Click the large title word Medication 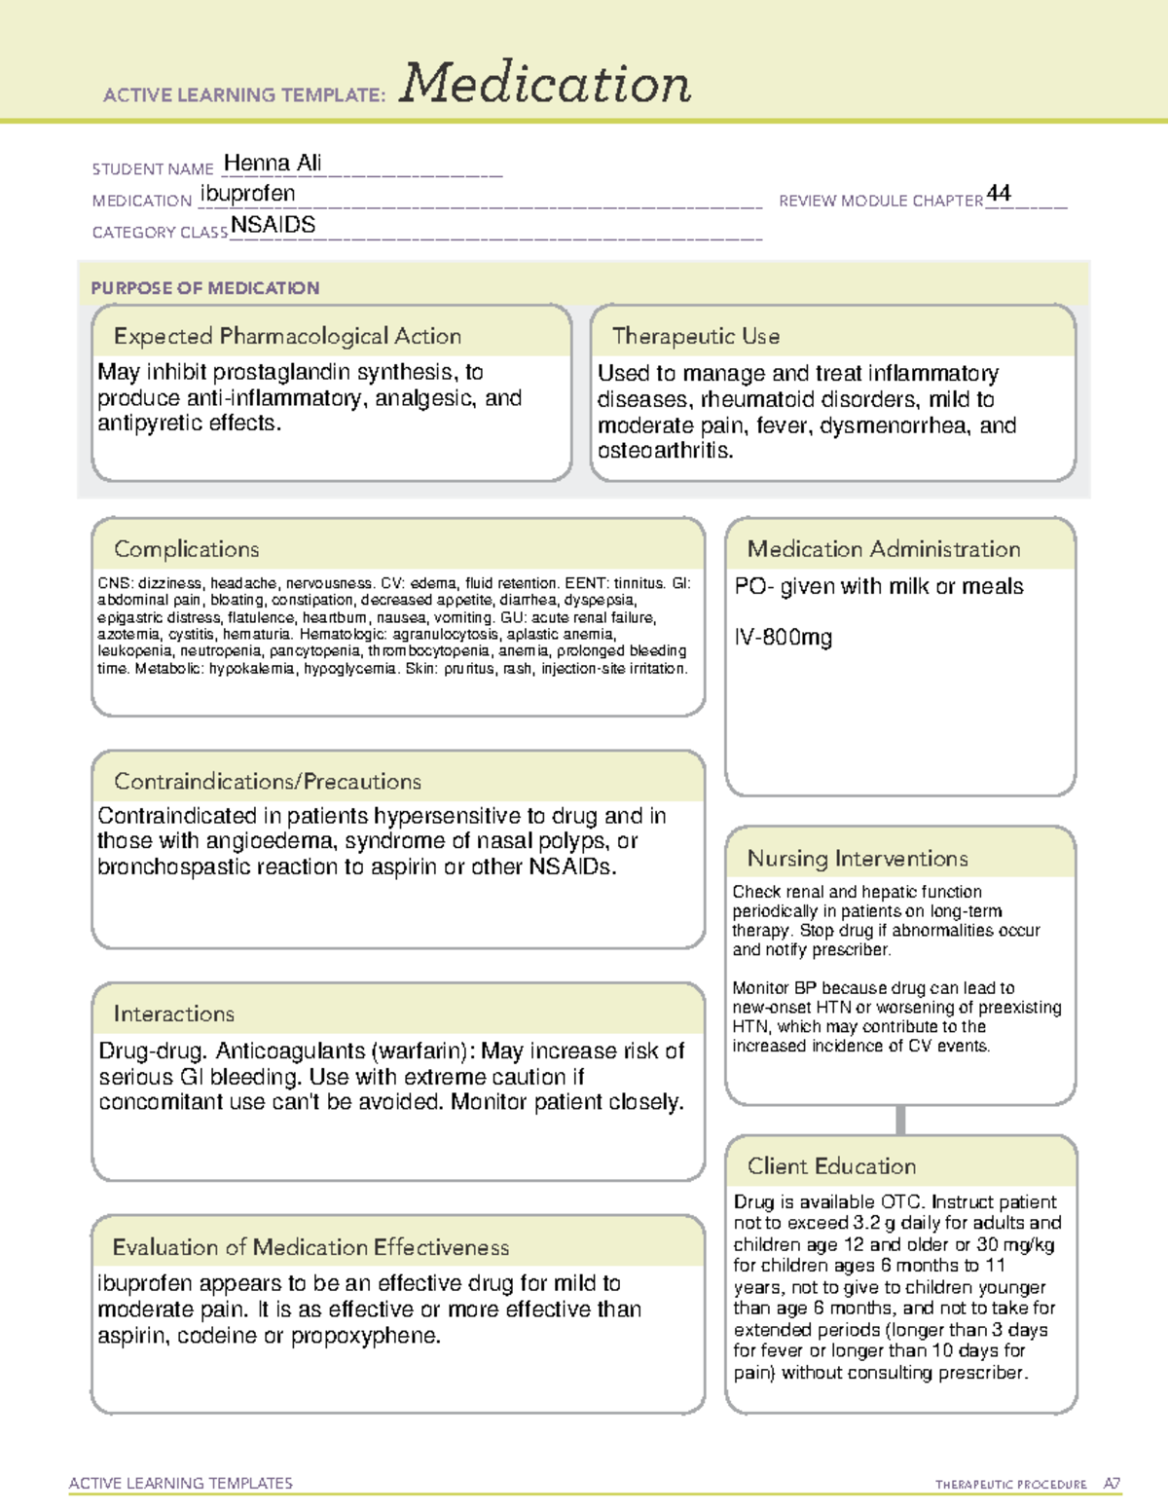545,84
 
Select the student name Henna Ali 273,164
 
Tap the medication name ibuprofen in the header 247,195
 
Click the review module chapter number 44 999,193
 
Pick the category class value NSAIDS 274,225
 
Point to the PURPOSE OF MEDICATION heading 204,288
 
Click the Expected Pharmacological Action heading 287,336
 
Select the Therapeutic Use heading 696,336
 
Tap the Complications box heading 187,549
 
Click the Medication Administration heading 884,549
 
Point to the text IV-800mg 784,638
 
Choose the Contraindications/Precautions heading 268,782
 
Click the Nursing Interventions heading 858,859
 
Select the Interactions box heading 174,1014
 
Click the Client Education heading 831,1166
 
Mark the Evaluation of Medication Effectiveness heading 310,1247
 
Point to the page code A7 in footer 1112,1484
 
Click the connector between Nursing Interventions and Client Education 900,1121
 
